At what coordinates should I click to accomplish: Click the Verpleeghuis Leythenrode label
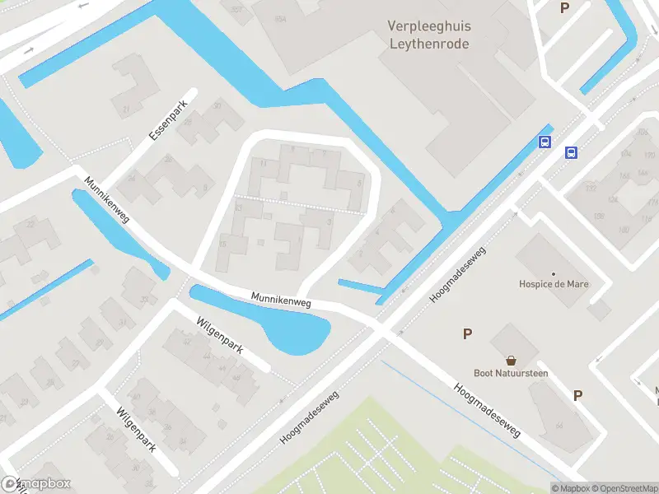428,35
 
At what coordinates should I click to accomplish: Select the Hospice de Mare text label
553,285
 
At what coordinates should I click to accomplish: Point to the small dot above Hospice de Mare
553,273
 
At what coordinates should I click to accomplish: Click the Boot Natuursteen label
511,373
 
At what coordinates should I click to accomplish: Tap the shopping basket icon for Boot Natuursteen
511,361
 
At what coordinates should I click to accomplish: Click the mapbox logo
37,484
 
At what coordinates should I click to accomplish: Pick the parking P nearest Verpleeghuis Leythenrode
564,8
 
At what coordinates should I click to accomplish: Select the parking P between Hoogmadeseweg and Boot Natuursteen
467,333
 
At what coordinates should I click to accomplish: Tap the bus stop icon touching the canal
544,142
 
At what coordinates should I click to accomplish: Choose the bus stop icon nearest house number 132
571,152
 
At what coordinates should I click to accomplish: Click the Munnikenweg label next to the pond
281,302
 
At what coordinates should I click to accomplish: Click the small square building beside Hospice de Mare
600,310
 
